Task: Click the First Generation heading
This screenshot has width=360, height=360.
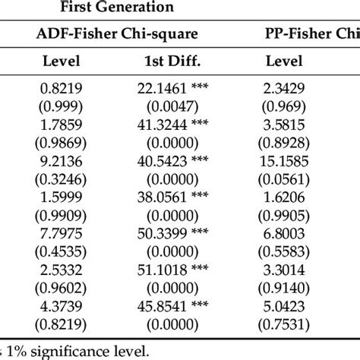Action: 128,8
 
